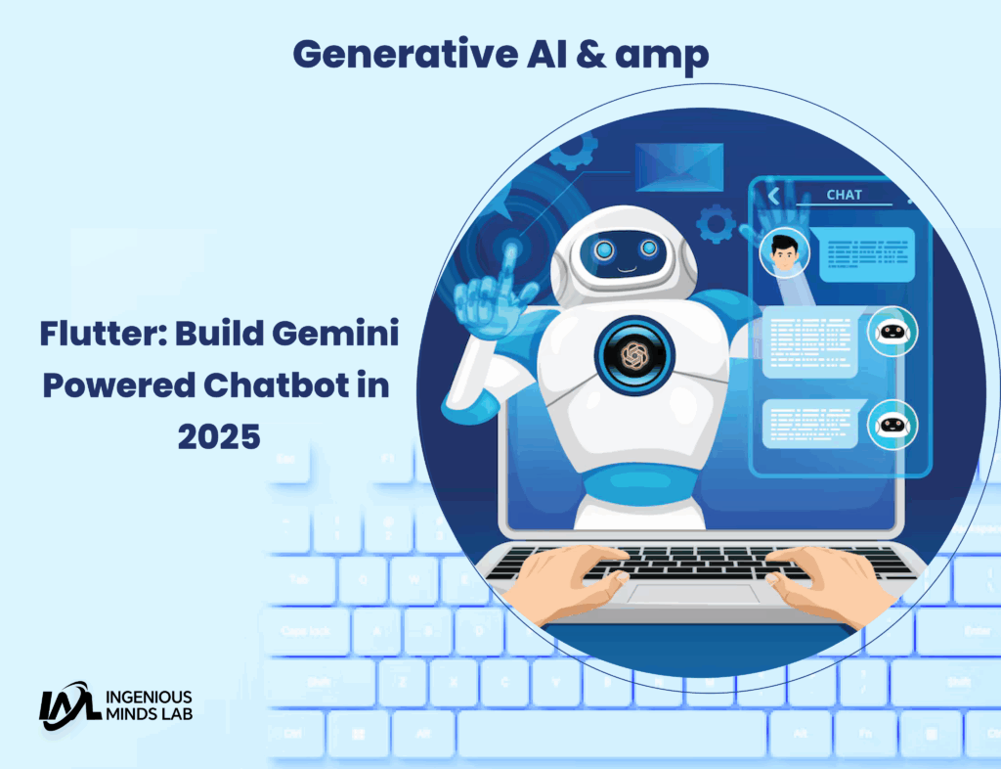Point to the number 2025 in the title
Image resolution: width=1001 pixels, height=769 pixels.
pos(219,436)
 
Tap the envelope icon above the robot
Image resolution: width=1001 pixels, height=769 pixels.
pos(679,166)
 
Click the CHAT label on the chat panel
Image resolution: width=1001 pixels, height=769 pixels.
pos(844,195)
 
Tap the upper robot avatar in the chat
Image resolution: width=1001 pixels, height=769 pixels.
pos(892,332)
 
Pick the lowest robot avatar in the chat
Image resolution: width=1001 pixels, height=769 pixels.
pos(892,425)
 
